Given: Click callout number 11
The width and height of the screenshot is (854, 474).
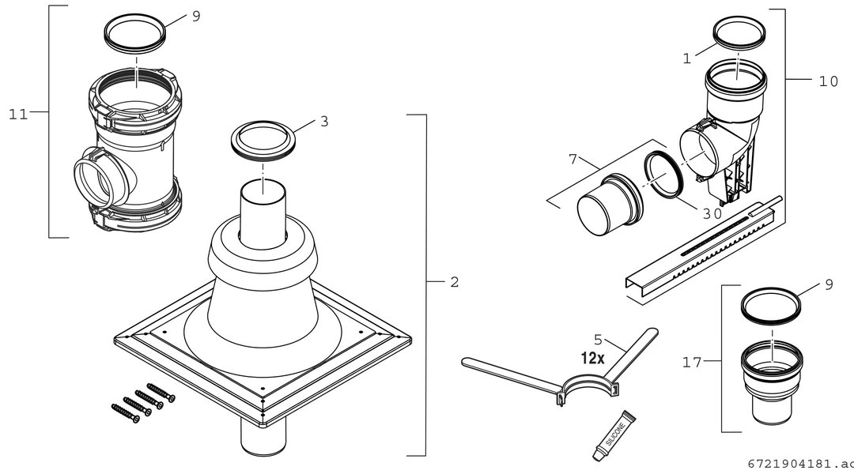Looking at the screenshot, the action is click(x=17, y=115).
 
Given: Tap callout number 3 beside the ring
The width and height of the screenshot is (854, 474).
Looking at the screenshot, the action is click(x=324, y=122).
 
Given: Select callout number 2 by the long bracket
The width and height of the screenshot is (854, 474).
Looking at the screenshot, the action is click(x=454, y=282).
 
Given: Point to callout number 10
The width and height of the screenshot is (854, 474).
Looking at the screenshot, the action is click(x=829, y=81).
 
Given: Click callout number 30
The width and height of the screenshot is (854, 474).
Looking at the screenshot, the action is click(x=712, y=214).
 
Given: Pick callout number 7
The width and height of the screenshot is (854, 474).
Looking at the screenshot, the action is click(x=572, y=159).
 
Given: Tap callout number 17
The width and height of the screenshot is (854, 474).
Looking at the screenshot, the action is click(x=692, y=362).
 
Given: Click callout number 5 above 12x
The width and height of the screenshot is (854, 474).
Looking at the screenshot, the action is click(x=598, y=340).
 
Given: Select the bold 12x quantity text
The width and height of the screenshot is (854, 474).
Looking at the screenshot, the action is click(x=592, y=358).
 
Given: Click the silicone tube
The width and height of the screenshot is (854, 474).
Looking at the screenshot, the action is click(x=614, y=436).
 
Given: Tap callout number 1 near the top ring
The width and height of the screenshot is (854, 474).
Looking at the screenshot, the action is click(x=687, y=58).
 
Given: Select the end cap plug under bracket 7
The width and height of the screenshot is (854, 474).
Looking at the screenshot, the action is click(x=609, y=204).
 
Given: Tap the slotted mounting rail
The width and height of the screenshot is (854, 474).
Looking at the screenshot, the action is click(x=703, y=247).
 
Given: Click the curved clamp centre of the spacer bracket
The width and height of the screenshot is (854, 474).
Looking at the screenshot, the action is click(x=589, y=382).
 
